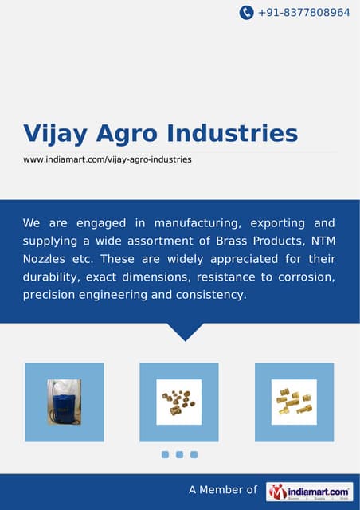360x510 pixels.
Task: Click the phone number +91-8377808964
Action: click(303, 13)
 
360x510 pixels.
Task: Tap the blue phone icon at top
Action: click(247, 13)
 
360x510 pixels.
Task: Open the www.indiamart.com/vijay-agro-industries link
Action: click(107, 159)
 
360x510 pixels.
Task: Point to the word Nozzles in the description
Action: click(46, 259)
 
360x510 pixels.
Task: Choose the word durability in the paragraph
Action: click(50, 277)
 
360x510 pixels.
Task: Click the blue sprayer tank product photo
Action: click(65, 402)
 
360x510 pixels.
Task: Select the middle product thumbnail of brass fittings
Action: click(179, 402)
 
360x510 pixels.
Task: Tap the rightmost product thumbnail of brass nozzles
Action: click(294, 402)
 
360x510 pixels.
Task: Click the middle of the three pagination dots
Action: click(179, 454)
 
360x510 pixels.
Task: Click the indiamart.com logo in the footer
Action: click(309, 491)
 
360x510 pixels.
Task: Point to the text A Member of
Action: click(223, 491)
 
